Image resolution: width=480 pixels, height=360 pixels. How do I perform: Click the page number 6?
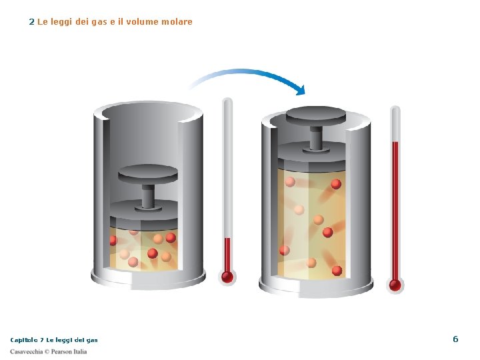pyautogui.click(x=455, y=339)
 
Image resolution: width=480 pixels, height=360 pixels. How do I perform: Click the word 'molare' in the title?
pyautogui.click(x=177, y=22)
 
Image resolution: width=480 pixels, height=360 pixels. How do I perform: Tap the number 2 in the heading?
pyautogui.click(x=31, y=22)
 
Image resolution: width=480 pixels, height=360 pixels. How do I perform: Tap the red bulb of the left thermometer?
pyautogui.click(x=227, y=277)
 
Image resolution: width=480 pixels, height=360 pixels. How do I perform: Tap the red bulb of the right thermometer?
pyautogui.click(x=395, y=285)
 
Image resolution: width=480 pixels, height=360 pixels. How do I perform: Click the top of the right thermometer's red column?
pyautogui.click(x=395, y=143)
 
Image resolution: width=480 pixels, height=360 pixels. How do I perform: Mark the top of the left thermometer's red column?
pyautogui.click(x=227, y=239)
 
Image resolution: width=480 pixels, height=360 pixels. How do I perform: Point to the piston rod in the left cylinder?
pyautogui.click(x=149, y=195)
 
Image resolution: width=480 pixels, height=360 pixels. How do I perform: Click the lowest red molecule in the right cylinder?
pyautogui.click(x=337, y=271)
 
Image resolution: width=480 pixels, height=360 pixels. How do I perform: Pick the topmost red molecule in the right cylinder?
pyautogui.click(x=336, y=184)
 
